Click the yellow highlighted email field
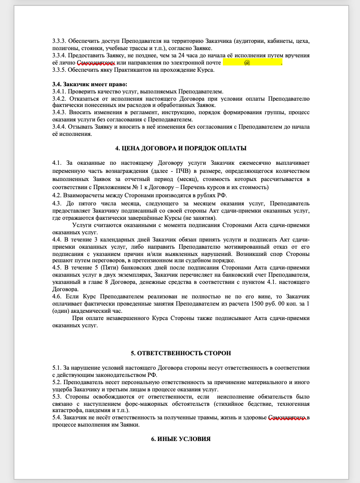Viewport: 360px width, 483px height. (x=252, y=63)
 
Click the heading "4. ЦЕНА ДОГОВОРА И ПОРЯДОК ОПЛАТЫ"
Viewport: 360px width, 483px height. (x=181, y=149)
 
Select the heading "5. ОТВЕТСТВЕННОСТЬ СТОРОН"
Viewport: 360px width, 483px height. (x=181, y=353)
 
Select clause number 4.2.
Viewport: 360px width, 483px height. (x=57, y=195)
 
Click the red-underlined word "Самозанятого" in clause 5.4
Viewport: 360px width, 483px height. (x=287, y=418)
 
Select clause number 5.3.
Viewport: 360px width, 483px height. (x=57, y=396)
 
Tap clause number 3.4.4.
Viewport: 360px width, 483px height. (x=60, y=127)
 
